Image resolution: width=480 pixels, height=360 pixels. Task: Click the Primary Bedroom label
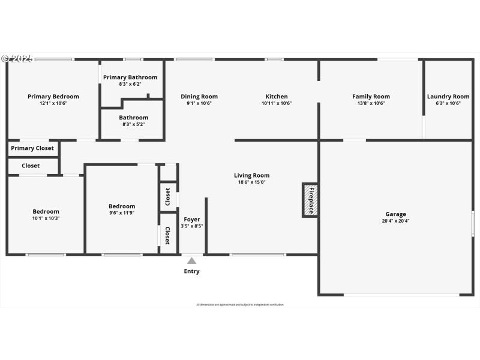click(53, 97)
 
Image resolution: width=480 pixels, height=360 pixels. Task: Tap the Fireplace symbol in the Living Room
click(310, 200)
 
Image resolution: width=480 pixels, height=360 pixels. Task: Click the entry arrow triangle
click(191, 261)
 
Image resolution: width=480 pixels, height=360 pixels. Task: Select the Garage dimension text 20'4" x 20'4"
click(395, 221)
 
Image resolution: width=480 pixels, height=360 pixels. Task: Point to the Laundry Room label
click(448, 97)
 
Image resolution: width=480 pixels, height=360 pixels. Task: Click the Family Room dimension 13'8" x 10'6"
click(371, 103)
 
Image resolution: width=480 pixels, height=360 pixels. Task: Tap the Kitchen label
click(277, 97)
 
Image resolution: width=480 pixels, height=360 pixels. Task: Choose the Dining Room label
click(199, 97)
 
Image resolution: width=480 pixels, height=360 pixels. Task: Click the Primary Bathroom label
click(130, 77)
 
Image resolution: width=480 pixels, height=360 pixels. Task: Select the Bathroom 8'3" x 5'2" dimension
click(133, 124)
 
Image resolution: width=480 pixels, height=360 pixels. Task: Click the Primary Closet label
click(32, 148)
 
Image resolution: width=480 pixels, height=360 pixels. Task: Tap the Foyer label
click(192, 220)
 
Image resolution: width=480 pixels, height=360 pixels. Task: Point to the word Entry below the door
click(191, 272)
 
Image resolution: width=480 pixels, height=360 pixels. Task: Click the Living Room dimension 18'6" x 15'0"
click(251, 182)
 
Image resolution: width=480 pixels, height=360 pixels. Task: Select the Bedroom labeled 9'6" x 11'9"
click(122, 206)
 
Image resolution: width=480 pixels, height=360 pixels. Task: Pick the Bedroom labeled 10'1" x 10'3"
click(46, 211)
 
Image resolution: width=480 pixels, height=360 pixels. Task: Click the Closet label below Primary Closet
click(31, 166)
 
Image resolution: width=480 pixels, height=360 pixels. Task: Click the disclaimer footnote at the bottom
click(240, 305)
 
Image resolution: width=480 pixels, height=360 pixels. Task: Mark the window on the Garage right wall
click(472, 223)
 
